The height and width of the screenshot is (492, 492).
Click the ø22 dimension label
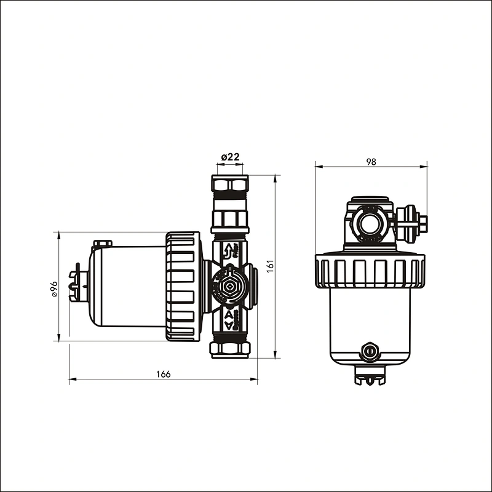click(230, 157)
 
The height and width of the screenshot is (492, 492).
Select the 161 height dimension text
click(270, 266)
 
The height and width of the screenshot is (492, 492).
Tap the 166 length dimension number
click(163, 374)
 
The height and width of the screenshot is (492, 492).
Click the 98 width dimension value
click(371, 162)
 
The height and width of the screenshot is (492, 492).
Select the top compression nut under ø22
click(230, 184)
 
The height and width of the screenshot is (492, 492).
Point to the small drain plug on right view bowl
click(370, 352)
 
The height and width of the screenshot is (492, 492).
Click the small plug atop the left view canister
click(101, 244)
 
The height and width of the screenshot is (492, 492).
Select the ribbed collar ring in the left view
click(183, 287)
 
